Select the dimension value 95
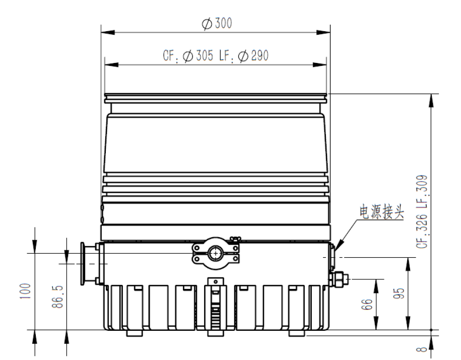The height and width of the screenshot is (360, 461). [398, 294]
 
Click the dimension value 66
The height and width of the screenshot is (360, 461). [367, 305]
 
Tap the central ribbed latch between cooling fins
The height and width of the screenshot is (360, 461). [215, 307]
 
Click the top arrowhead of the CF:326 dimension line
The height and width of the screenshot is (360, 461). [431, 98]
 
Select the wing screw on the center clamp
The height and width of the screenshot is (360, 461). [233, 239]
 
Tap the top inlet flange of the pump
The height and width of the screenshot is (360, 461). [216, 98]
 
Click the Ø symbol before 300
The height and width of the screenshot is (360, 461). [207, 24]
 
